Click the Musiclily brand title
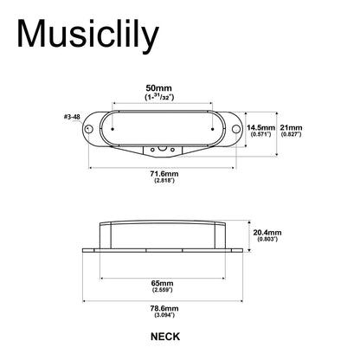[88, 35]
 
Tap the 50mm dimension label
[159, 88]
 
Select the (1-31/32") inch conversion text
[159, 97]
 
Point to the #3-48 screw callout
[72, 117]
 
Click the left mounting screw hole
[89, 129]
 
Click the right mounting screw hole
[236, 129]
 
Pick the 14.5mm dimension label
[260, 127]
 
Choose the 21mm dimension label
[291, 127]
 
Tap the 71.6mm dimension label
[164, 174]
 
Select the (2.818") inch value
[164, 181]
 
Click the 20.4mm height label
[267, 233]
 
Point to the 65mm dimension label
[163, 283]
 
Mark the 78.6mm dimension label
[164, 308]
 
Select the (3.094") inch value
[164, 315]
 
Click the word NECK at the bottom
[165, 337]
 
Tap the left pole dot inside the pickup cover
[112, 129]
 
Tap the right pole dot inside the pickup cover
[213, 129]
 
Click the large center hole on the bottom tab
[162, 149]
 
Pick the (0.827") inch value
[291, 134]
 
